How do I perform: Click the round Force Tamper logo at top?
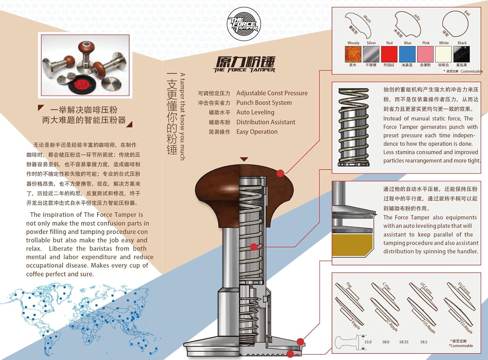244,25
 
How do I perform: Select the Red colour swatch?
389,54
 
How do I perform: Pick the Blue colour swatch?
407,54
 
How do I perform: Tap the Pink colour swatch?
426,54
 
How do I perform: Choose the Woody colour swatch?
353,54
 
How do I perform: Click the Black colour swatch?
462,54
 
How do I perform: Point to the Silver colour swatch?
371,54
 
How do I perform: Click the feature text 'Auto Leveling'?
255,112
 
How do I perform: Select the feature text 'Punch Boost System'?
264,103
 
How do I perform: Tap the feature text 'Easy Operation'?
257,132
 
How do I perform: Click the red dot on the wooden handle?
280,173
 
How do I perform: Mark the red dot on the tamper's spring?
254,247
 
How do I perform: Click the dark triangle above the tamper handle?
244,159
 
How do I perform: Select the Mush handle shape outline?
358,24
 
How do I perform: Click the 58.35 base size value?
404,342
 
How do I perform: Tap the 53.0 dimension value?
368,342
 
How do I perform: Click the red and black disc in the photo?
81,85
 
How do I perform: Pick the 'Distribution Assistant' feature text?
265,122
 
